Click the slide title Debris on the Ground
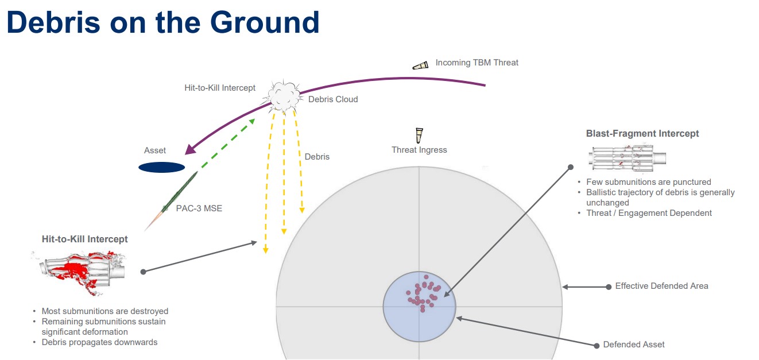pos(163,22)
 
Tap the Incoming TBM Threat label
pos(477,63)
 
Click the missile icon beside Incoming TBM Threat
pos(420,65)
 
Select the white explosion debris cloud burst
pos(283,96)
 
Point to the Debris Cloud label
pos(333,99)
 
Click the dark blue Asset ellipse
pos(162,167)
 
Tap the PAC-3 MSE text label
pos(199,208)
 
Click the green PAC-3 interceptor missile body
pos(180,192)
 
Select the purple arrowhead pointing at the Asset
pos(191,149)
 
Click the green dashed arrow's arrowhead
pos(251,121)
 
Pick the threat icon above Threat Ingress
pos(419,136)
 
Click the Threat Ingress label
pos(419,150)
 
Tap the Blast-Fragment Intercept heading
pos(642,134)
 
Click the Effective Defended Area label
pos(662,286)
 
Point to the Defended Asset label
pos(634,344)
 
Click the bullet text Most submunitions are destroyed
pos(105,311)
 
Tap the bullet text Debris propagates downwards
pos(100,342)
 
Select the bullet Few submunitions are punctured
pos(649,182)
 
